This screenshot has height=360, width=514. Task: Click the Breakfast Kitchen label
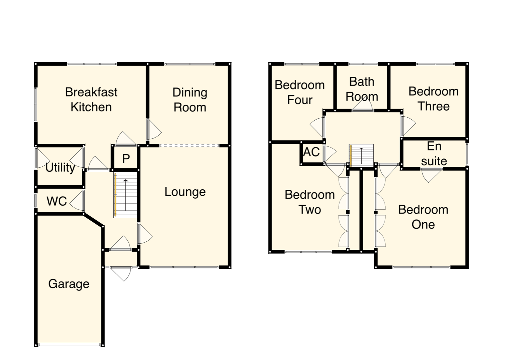click(91, 99)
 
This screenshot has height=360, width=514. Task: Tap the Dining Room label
click(190, 100)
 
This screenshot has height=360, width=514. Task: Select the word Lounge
click(185, 192)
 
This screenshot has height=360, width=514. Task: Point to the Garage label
click(69, 284)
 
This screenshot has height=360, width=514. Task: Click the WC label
click(57, 201)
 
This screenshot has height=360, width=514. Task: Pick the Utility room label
click(60, 167)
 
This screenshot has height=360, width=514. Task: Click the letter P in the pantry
click(126, 159)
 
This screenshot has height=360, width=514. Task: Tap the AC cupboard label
click(311, 152)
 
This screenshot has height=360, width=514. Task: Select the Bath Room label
click(362, 89)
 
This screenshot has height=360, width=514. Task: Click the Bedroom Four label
click(300, 92)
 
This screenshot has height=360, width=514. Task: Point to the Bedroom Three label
click(433, 99)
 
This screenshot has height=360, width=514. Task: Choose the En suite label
click(434, 154)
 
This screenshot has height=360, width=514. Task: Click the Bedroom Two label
click(310, 202)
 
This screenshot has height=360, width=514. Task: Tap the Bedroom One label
click(423, 217)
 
